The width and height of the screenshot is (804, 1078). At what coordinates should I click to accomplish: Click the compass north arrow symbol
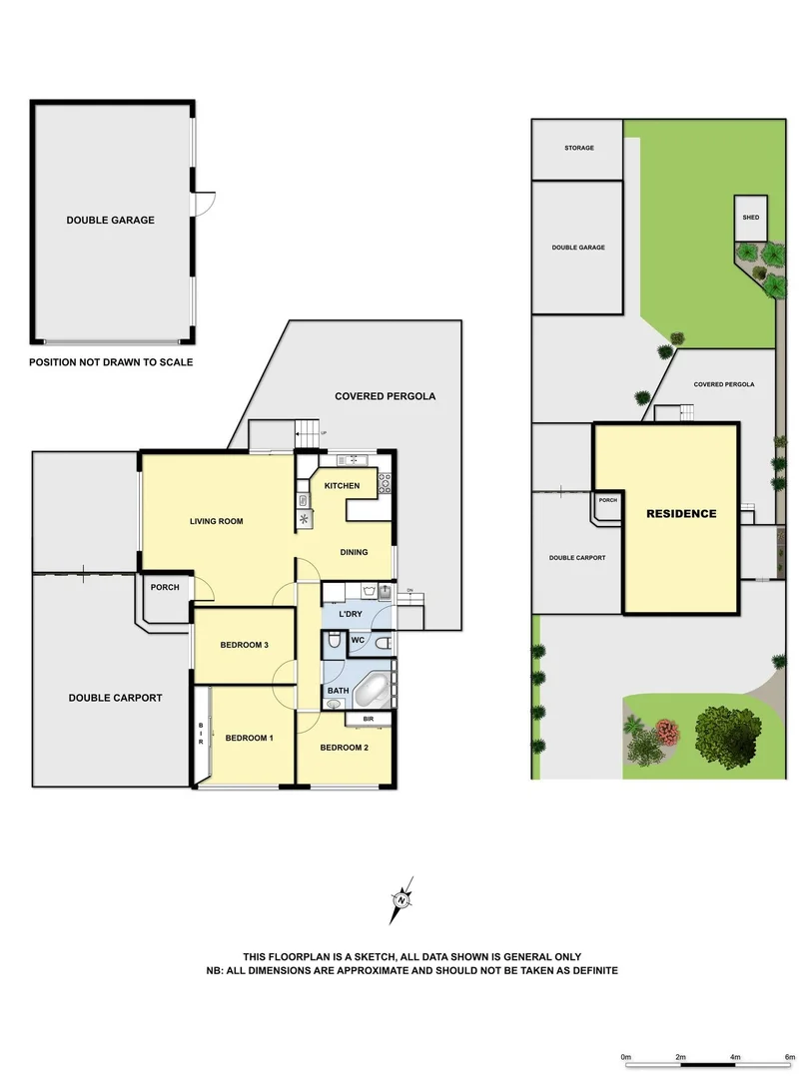click(x=402, y=901)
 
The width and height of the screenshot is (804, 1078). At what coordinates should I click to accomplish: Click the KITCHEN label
click(x=342, y=485)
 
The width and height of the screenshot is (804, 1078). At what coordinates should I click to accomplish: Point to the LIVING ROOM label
click(x=217, y=521)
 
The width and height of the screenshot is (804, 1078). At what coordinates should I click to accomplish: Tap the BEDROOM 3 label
click(x=245, y=645)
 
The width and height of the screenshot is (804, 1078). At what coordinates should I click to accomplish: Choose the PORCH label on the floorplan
click(x=165, y=587)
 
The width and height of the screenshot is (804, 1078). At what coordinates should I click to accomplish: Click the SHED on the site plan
click(x=750, y=218)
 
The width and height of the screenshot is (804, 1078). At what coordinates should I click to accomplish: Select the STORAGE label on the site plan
click(x=579, y=148)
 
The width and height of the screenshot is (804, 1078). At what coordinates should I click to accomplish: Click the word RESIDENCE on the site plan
click(x=681, y=514)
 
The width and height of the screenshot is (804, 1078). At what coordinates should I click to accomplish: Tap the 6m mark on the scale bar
click(x=788, y=1056)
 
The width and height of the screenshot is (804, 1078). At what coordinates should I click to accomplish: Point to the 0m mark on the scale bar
click(x=626, y=1056)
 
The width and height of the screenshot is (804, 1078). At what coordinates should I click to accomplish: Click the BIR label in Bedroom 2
click(x=369, y=718)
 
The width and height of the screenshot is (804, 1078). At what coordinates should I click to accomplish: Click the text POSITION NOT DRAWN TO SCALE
click(x=111, y=362)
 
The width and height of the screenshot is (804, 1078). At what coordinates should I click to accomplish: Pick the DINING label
click(x=354, y=552)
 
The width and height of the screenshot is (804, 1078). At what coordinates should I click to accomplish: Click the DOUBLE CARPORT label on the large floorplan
click(x=115, y=698)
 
